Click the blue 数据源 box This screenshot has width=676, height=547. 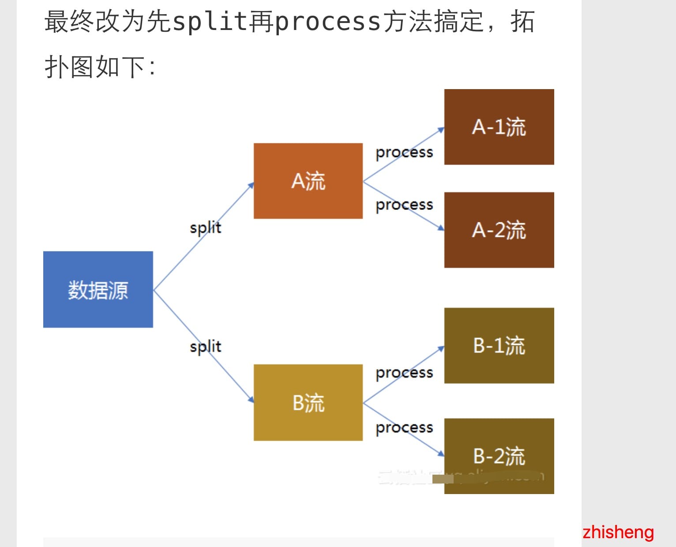pyautogui.click(x=98, y=289)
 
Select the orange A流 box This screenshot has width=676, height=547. pyautogui.click(x=308, y=181)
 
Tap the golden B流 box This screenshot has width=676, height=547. pyautogui.click(x=308, y=402)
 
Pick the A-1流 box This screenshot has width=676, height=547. pyautogui.click(x=499, y=127)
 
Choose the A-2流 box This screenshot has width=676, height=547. pyautogui.click(x=499, y=230)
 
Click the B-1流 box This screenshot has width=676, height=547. pyautogui.click(x=499, y=345)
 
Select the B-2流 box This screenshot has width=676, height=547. pyautogui.click(x=499, y=456)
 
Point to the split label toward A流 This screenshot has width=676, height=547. pyautogui.click(x=206, y=228)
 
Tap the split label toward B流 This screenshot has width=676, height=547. pyautogui.click(x=206, y=347)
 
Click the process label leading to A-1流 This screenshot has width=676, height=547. pyautogui.click(x=404, y=152)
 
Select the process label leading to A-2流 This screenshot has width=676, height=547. pyautogui.click(x=404, y=205)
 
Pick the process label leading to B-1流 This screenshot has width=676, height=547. pyautogui.click(x=404, y=373)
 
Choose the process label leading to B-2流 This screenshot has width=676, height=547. pyautogui.click(x=404, y=427)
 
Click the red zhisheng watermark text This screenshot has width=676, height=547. pyautogui.click(x=618, y=532)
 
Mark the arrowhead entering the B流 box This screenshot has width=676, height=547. pyautogui.click(x=251, y=400)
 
